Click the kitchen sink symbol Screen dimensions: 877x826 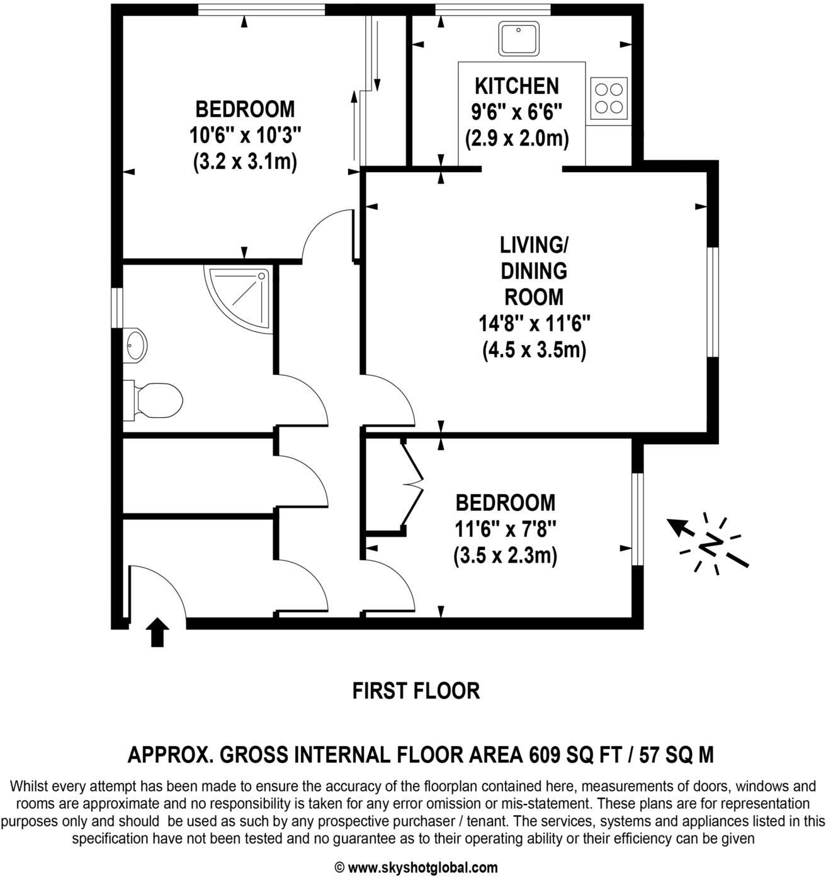point(518,38)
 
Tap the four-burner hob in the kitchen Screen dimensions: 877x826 point(609,98)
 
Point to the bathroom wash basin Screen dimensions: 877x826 point(135,345)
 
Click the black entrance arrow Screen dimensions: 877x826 point(157,632)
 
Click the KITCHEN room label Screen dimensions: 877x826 point(516,85)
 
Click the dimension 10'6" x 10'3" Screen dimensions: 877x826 point(244,135)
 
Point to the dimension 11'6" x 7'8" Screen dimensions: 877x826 point(505,529)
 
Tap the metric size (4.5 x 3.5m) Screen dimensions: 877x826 point(534,350)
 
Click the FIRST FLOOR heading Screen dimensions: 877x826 point(416,691)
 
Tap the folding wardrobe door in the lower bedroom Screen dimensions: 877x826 point(413,484)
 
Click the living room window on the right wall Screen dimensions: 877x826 point(712,302)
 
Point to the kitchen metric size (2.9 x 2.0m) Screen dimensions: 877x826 point(516,138)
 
